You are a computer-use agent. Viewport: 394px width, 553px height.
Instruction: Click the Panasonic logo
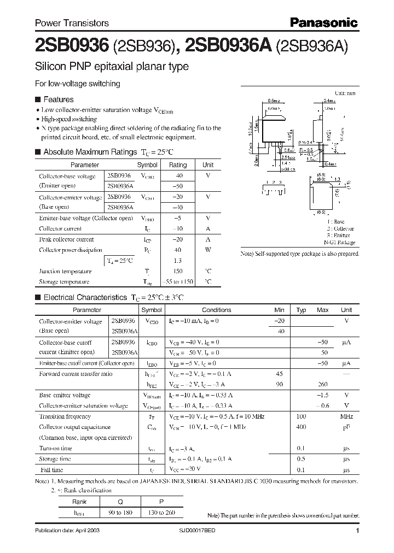pyautogui.click(x=323, y=22)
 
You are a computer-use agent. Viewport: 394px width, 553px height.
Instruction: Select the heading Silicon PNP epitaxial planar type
pyautogui.click(x=112, y=67)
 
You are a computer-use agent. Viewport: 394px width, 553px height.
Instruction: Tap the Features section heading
pyautogui.click(x=58, y=99)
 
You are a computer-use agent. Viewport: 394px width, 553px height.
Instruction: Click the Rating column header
pyautogui.click(x=178, y=164)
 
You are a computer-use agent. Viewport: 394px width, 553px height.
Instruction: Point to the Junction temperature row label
pyautogui.click(x=65, y=271)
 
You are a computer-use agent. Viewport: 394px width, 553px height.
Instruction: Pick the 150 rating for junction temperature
pyautogui.click(x=178, y=271)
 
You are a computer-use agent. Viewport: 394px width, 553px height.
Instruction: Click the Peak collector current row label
pyautogui.click(x=66, y=239)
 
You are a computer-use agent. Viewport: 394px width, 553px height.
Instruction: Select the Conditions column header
pyautogui.click(x=216, y=310)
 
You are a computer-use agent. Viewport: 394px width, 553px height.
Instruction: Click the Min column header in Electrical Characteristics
pyautogui.click(x=280, y=310)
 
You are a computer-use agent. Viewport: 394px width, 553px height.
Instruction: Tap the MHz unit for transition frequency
pyautogui.click(x=346, y=416)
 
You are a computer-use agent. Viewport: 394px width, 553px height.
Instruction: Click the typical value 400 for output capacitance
pyautogui.click(x=301, y=427)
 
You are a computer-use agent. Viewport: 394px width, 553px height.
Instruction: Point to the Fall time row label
pyautogui.click(x=51, y=469)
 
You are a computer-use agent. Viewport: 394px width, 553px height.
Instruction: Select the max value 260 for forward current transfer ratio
pyautogui.click(x=322, y=384)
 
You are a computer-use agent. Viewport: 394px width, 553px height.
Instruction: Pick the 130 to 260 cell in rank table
pyautogui.click(x=159, y=513)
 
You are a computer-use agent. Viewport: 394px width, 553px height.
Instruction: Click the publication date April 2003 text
pyautogui.click(x=67, y=531)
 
